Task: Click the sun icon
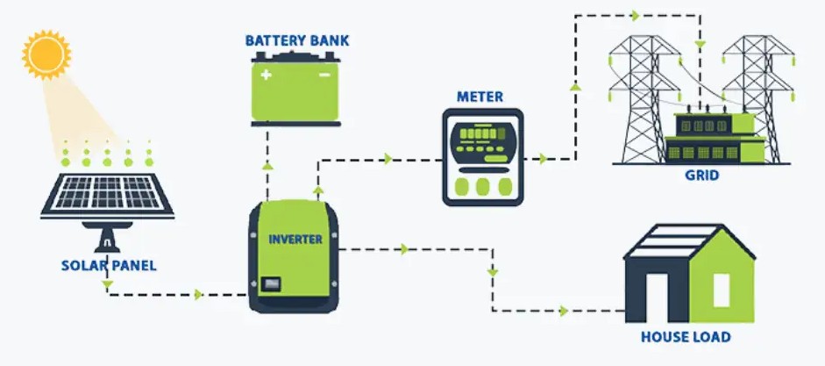pyautogui.click(x=46, y=54)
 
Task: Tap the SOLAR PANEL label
pyautogui.click(x=108, y=265)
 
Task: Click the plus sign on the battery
pyautogui.click(x=266, y=75)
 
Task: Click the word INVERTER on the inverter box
pyautogui.click(x=295, y=239)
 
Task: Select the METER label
pyautogui.click(x=480, y=96)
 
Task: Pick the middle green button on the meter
pyautogui.click(x=482, y=186)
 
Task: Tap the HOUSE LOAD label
pyautogui.click(x=686, y=336)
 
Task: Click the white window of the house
pyautogui.click(x=721, y=290)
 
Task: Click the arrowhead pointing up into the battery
pyautogui.click(x=268, y=164)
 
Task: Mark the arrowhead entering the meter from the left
pyautogui.click(x=387, y=159)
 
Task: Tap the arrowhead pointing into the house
pyautogui.click(x=564, y=311)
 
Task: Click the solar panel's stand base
pyautogui.click(x=106, y=242)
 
